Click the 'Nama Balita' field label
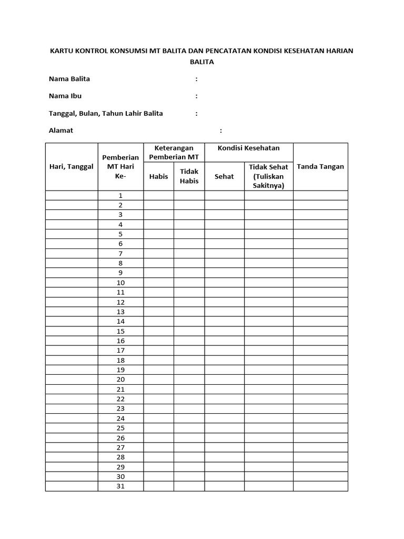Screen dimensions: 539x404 point(69,79)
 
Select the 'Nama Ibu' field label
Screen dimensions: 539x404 point(65,96)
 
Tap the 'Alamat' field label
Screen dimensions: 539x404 point(61,131)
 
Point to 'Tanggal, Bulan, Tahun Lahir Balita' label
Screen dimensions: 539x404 point(106,113)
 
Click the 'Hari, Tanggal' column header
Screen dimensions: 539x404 point(71,166)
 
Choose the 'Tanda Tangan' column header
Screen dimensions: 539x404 point(320,166)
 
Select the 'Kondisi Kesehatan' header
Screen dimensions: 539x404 point(249,148)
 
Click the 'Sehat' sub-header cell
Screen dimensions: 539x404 point(224,176)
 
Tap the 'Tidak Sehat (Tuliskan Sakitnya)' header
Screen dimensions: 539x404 point(268,176)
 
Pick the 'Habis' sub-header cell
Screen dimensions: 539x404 point(158,176)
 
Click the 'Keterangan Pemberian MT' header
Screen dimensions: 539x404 point(174,153)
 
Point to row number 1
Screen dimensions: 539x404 point(120,195)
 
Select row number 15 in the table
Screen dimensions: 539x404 point(120,331)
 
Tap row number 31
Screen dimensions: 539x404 point(120,486)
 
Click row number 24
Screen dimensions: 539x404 point(120,418)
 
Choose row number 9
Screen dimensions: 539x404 point(120,273)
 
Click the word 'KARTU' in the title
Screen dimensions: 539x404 point(60,51)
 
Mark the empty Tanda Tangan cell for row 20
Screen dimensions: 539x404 point(320,380)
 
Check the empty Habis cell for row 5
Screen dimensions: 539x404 point(158,234)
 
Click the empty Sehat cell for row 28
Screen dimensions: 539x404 point(224,457)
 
